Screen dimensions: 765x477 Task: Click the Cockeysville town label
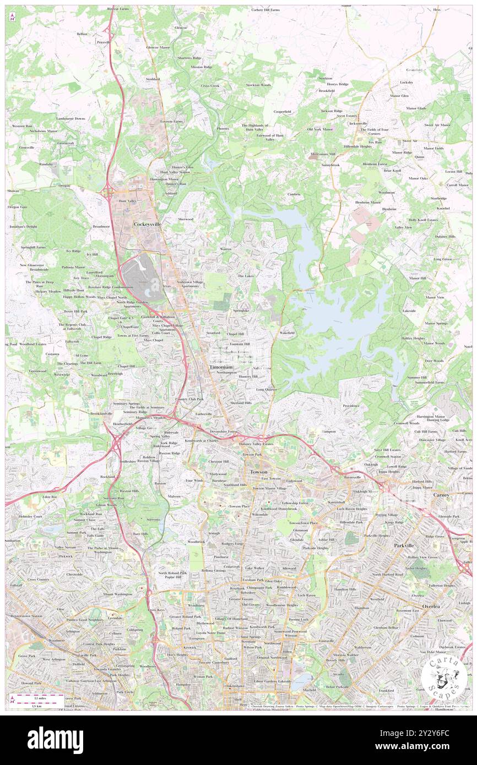(x=147, y=224)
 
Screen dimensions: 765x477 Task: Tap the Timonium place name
(x=221, y=367)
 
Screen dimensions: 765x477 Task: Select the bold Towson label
(x=258, y=472)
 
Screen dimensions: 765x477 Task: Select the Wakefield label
(x=286, y=333)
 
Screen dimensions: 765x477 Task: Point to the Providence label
(x=351, y=406)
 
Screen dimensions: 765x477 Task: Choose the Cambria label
(x=293, y=194)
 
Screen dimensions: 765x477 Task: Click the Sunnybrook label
(x=330, y=165)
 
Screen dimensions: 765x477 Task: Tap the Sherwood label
(x=185, y=219)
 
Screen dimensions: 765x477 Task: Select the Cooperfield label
(x=283, y=112)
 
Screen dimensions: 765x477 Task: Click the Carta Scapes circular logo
(x=444, y=677)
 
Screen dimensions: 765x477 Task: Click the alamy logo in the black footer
(x=55, y=740)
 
